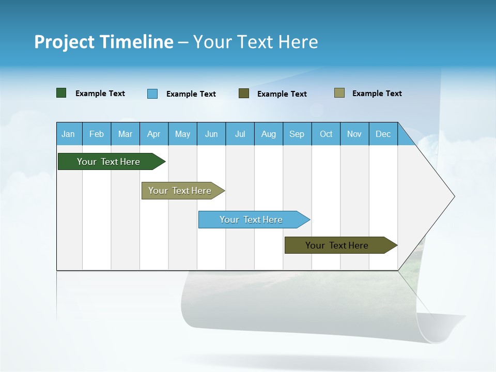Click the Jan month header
(68, 134)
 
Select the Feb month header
(97, 134)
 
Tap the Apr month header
(153, 134)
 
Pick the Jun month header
(211, 134)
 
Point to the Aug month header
(268, 134)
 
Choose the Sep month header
(297, 134)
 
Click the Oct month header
(326, 134)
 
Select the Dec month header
(383, 134)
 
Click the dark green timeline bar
(109, 162)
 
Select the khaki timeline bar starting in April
(180, 191)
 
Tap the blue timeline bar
(252, 220)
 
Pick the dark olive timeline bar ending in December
(337, 245)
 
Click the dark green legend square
(61, 93)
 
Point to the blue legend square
(152, 94)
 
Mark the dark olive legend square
(244, 94)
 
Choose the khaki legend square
(339, 93)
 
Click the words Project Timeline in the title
(104, 42)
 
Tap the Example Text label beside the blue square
(191, 94)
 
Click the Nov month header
(354, 134)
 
